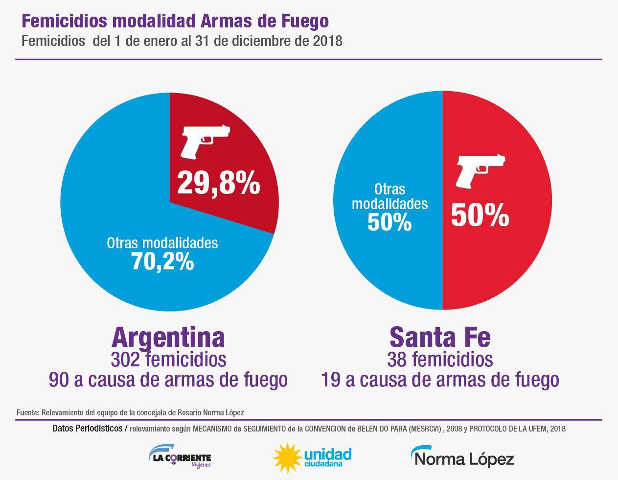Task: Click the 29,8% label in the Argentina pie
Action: pos(218,183)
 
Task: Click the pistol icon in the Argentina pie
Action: pos(205,141)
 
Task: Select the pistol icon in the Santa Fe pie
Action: pos(480,170)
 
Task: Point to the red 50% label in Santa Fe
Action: pos(480,215)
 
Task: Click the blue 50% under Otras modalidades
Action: pos(389,222)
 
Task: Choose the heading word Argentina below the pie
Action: pos(168,337)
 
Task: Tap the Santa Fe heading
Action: pos(440,337)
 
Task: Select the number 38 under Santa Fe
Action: pos(397,359)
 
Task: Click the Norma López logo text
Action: pos(462,457)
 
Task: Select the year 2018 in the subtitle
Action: pos(327,41)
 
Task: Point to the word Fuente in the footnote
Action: pos(27,412)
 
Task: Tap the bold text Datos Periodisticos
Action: pos(87,429)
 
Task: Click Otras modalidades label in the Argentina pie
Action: pos(162,243)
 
